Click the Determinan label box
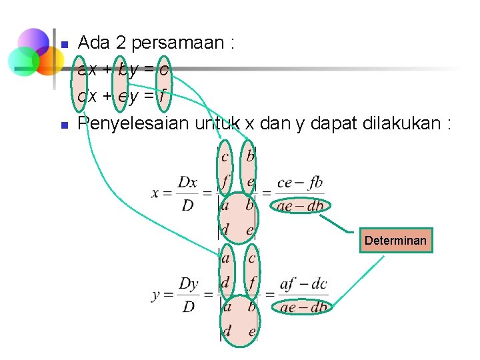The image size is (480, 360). [395, 241]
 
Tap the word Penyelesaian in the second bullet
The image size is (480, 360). [133, 123]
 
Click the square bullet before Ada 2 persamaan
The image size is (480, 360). [65, 45]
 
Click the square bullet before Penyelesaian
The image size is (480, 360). [65, 125]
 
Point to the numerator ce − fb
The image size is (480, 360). [300, 182]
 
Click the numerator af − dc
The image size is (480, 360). [303, 285]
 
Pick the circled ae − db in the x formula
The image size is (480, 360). [300, 207]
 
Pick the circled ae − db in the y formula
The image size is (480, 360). [303, 307]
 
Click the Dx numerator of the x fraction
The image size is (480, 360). [187, 182]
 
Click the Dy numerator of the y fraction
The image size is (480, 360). [189, 284]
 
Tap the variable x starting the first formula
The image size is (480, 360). [157, 193]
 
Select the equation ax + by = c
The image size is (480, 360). [123, 69]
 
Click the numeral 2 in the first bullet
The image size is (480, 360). [121, 43]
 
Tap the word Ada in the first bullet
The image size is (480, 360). [93, 43]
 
